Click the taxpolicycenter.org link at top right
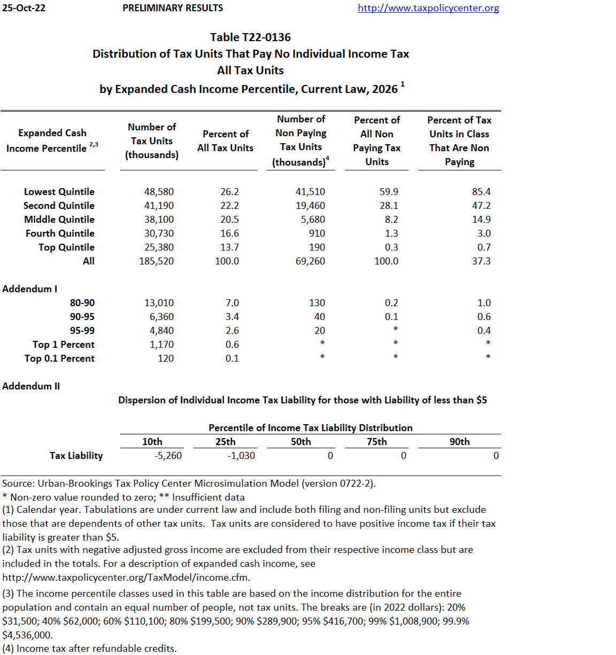click(x=428, y=8)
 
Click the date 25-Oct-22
click(x=24, y=8)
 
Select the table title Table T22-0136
click(x=250, y=37)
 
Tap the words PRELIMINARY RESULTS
click(x=173, y=8)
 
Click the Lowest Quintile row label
click(x=59, y=192)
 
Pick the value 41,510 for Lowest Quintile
click(x=310, y=192)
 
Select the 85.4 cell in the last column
click(x=481, y=192)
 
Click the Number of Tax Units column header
click(x=152, y=141)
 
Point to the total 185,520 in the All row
click(x=156, y=261)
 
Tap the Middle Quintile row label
click(x=59, y=220)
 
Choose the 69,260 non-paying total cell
click(x=310, y=261)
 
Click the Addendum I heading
click(x=29, y=289)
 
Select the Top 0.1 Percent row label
click(x=59, y=358)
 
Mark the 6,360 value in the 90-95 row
click(x=161, y=317)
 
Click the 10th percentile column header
click(x=152, y=442)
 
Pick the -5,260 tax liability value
click(x=168, y=456)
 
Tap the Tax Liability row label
click(x=76, y=456)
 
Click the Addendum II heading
click(x=31, y=386)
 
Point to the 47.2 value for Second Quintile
click(x=481, y=206)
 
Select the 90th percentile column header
click(x=459, y=442)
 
